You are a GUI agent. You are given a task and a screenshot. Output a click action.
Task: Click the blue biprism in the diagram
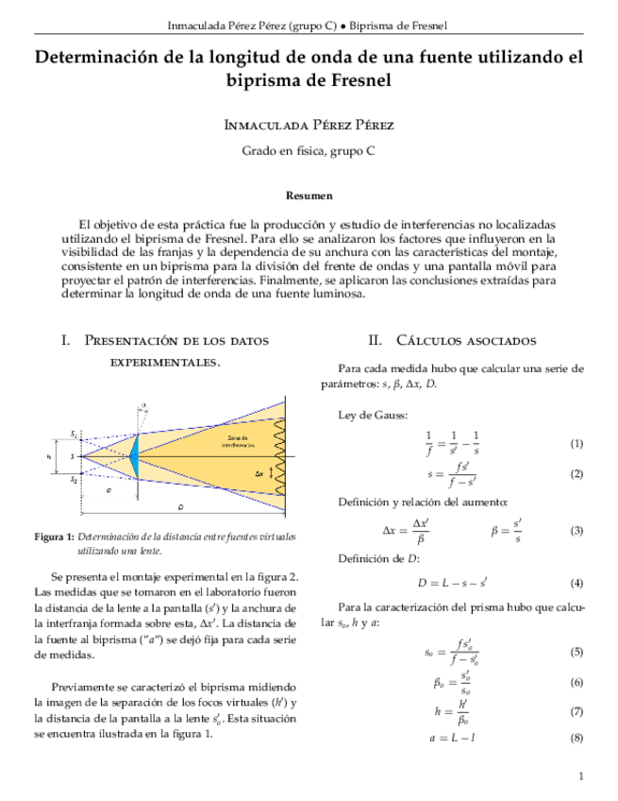[x=133, y=456]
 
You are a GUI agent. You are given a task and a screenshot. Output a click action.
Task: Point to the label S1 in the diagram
[x=75, y=434]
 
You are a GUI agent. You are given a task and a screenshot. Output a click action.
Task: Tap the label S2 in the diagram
[x=75, y=480]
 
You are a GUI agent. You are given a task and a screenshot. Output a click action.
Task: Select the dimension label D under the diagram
[x=180, y=508]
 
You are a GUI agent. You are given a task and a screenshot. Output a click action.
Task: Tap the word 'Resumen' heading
[x=309, y=196]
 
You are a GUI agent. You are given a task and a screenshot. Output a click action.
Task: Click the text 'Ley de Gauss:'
[x=373, y=415]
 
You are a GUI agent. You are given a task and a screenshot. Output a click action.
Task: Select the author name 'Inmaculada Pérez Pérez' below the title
[x=309, y=126]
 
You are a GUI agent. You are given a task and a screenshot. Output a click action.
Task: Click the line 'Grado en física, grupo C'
[x=309, y=150]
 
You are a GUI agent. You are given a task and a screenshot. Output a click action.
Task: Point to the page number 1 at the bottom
[x=581, y=776]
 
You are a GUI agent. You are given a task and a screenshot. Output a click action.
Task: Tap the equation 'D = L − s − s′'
[x=459, y=583]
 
